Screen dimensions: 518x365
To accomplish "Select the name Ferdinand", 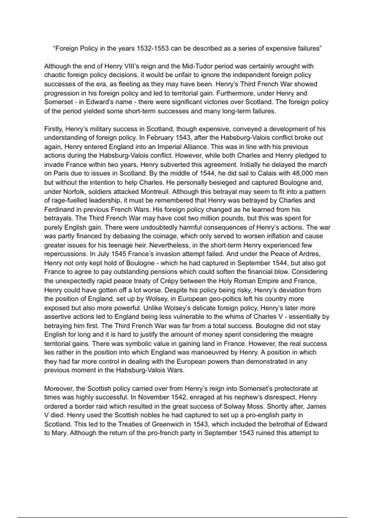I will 59,210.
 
